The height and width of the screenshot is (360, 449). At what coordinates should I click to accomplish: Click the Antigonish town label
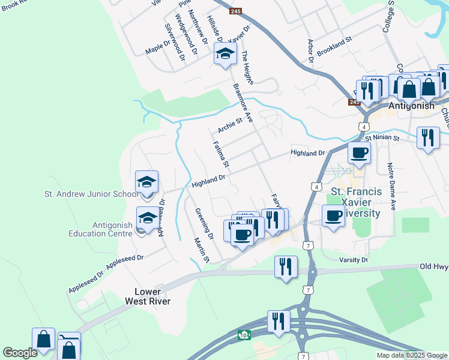coord(411,106)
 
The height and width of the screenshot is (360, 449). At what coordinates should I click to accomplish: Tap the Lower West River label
coord(148,296)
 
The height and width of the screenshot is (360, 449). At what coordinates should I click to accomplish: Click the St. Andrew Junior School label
coord(92,194)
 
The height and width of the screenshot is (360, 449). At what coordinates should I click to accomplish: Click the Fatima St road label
coord(221,154)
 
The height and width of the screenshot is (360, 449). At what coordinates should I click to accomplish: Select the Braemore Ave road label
coord(243,103)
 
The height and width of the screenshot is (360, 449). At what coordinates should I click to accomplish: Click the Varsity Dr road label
coord(352,260)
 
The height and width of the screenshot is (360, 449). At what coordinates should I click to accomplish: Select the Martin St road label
coord(201,250)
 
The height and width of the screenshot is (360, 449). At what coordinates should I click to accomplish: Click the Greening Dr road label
coord(204,223)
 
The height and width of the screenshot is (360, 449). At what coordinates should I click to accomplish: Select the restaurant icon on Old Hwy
coord(286,266)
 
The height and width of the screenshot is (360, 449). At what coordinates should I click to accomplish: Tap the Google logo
coord(20,353)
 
